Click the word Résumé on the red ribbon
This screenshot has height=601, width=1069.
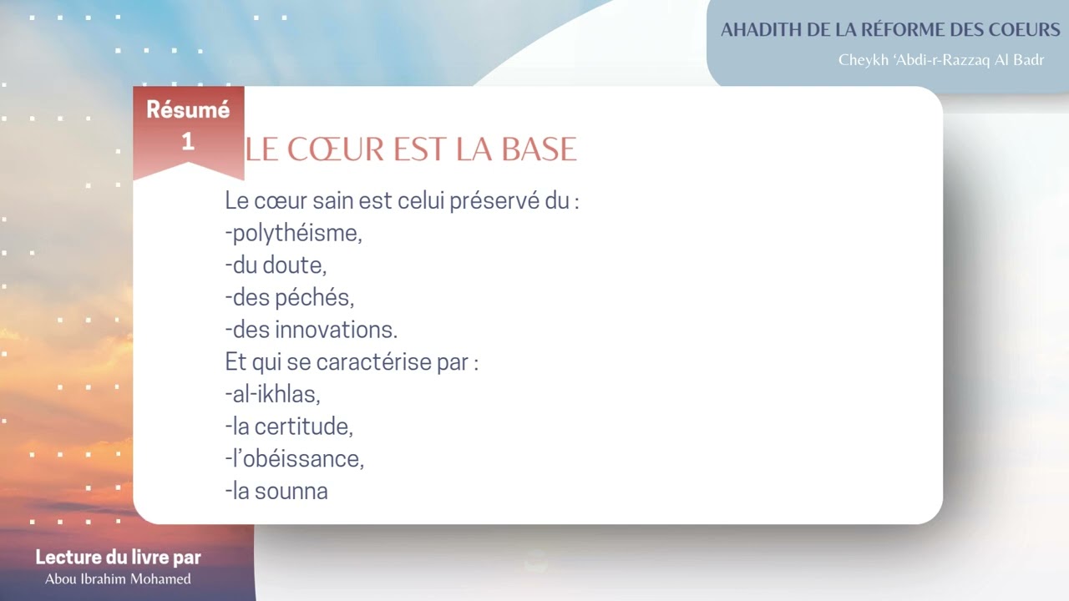tap(188, 109)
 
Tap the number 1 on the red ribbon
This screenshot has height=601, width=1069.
tap(188, 141)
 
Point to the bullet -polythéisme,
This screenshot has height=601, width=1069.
tap(293, 233)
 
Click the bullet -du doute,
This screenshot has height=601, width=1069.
tap(276, 265)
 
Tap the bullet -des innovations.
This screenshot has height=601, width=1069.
tap(311, 330)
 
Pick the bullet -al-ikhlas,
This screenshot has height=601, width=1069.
tap(272, 394)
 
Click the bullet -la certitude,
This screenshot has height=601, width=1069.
tap(289, 427)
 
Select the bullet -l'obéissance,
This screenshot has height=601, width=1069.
tap(294, 458)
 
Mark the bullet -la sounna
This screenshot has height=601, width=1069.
tap(276, 491)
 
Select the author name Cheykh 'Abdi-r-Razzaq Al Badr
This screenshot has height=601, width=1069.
tap(941, 61)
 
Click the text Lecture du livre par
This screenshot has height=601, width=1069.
tap(118, 558)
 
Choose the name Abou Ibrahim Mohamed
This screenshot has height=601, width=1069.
tap(118, 579)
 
